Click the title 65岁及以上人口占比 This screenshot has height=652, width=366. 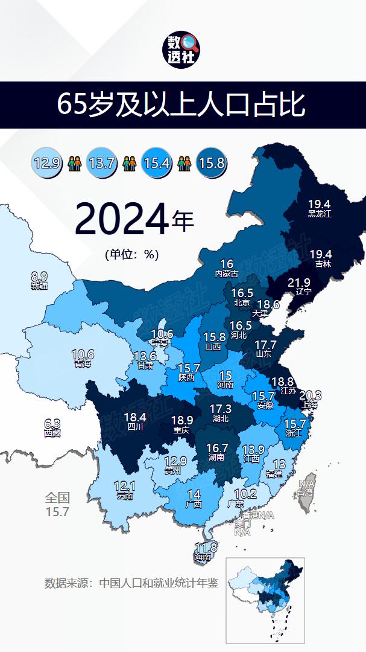point(183,104)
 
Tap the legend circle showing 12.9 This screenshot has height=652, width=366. point(48,162)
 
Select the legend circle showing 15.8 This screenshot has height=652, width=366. point(211,162)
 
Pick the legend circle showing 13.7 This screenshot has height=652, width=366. point(101,162)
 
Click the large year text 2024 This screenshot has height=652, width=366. point(121,220)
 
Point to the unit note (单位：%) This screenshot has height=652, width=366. point(131,254)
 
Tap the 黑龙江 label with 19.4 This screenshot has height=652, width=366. point(320,208)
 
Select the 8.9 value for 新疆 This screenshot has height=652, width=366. point(39,277)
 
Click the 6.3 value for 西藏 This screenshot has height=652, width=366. point(52,424)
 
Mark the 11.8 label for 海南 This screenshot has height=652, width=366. point(206,548)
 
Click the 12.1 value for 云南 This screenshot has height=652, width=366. point(125,487)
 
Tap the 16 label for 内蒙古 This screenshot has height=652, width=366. point(227,264)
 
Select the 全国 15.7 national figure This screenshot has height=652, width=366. point(57,505)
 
